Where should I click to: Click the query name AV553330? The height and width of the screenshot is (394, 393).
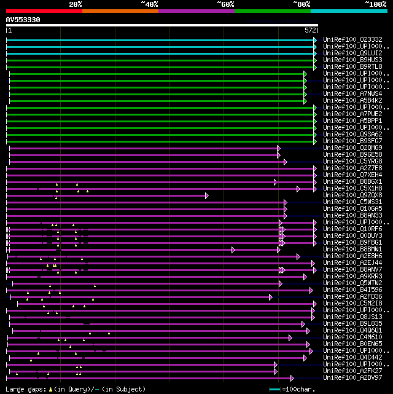click(x=23, y=20)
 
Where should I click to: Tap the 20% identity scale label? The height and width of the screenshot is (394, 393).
click(x=75, y=4)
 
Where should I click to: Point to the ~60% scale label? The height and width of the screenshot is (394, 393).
click(x=225, y=4)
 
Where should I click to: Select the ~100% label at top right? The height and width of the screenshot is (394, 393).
click(x=375, y=4)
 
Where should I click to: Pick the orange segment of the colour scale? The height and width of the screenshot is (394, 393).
click(x=120, y=10)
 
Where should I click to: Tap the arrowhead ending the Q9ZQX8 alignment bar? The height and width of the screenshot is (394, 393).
click(x=207, y=195)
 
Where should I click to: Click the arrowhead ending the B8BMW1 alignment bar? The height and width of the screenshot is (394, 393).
click(x=233, y=250)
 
